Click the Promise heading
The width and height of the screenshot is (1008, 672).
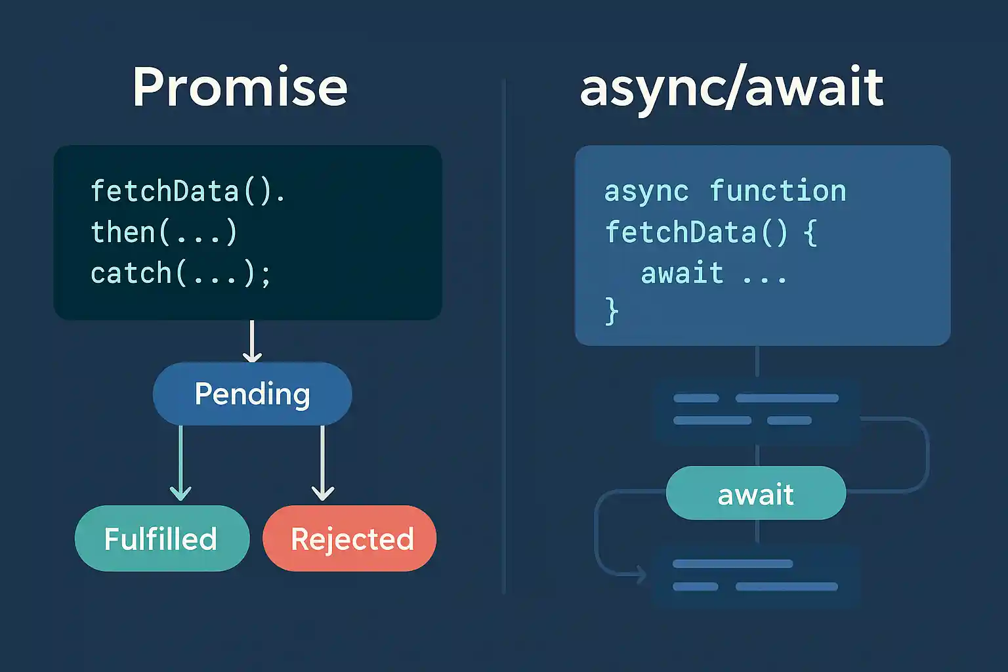pos(240,87)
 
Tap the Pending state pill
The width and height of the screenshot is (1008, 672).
pos(253,394)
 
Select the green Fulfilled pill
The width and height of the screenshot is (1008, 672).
pos(162,538)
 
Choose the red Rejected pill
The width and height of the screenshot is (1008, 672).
pos(350,538)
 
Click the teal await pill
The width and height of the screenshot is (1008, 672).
pos(756,493)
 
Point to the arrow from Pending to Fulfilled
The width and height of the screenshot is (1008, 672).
pos(181,463)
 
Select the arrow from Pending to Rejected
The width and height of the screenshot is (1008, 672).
pos(323,463)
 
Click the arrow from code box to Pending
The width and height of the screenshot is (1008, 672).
pos(252,341)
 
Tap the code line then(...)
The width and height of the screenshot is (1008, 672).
pos(164,232)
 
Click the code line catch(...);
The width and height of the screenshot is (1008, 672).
pos(181,273)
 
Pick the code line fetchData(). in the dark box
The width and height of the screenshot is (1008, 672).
pos(188,190)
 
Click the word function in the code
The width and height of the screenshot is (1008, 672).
pos(778,190)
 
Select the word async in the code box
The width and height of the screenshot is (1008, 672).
pos(646,192)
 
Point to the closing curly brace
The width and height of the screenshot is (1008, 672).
pos(612,311)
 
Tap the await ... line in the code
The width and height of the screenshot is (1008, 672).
pos(713,273)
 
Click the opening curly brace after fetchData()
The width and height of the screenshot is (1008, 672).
pos(810,232)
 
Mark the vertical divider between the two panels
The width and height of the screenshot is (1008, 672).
pos(505,337)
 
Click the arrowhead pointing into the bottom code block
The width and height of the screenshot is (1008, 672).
pos(640,575)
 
